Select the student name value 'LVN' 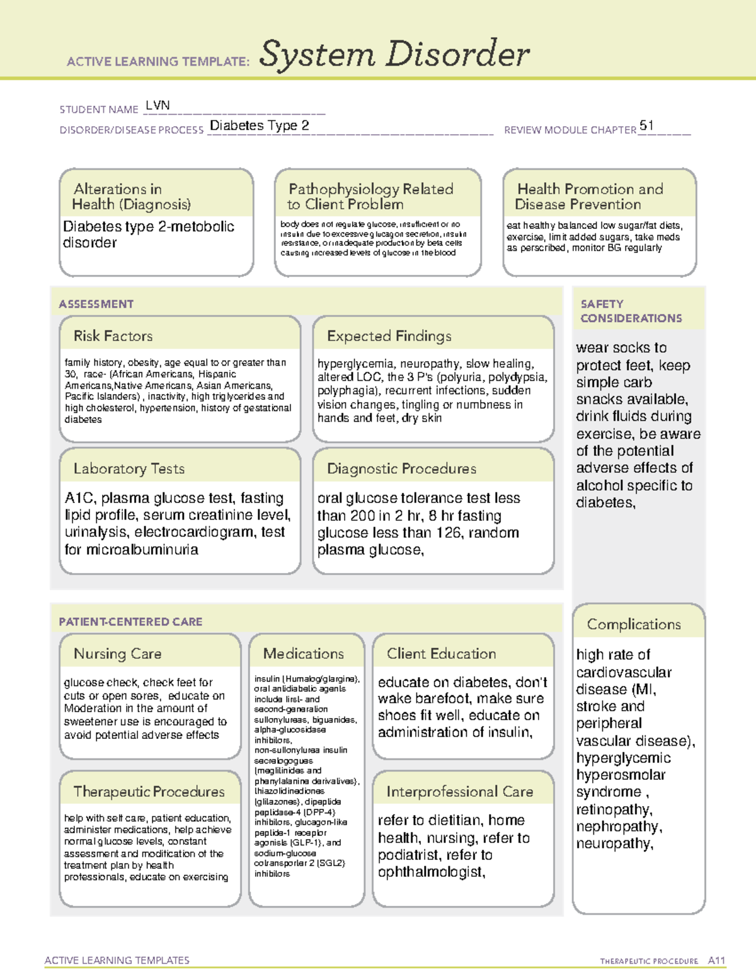[x=157, y=105]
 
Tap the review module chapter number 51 [x=646, y=125]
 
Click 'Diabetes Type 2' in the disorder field [x=259, y=125]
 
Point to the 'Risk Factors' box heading [x=113, y=336]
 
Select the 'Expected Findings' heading [x=389, y=336]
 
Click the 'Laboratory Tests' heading [x=129, y=468]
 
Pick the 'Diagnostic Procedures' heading [x=401, y=468]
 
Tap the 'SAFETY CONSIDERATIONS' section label [x=631, y=311]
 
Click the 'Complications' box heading [x=633, y=624]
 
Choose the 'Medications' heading [x=303, y=654]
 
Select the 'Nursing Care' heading [x=117, y=654]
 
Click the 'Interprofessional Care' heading [x=459, y=791]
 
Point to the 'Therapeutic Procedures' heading [x=149, y=791]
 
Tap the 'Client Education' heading [x=441, y=654]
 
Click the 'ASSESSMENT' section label [x=96, y=304]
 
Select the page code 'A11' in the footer [x=716, y=960]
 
